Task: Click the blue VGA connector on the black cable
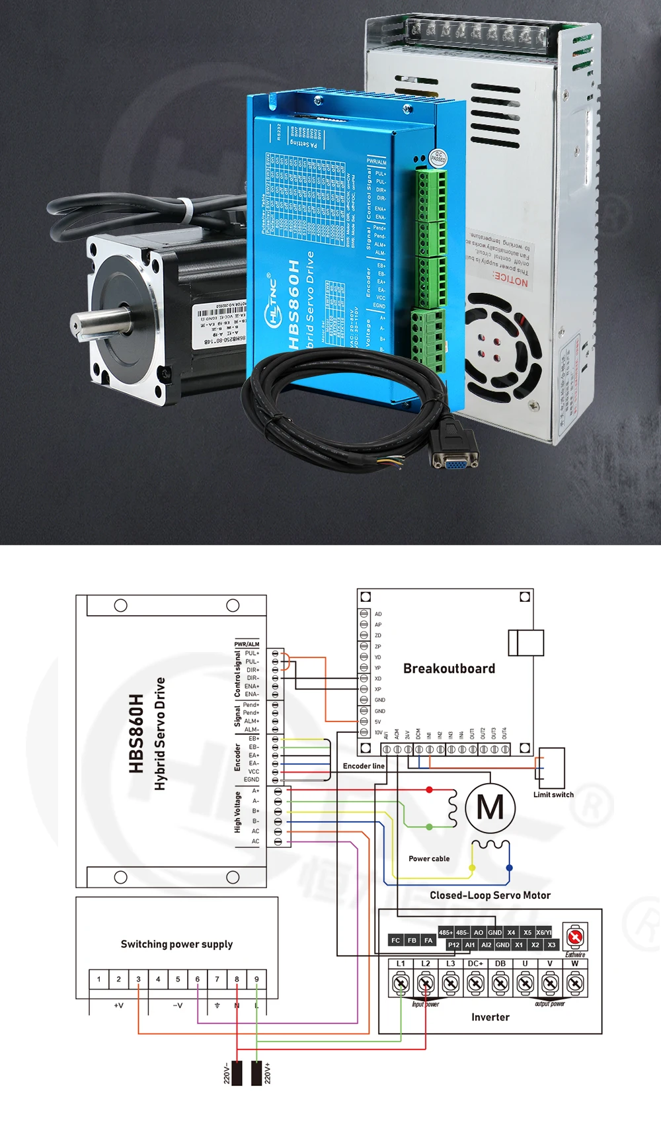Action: (x=455, y=463)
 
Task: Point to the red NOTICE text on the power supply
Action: (x=510, y=279)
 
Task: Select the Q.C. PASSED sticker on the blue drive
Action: (x=438, y=157)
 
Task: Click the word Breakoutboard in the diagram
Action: (x=449, y=669)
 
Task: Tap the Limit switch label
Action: (x=553, y=794)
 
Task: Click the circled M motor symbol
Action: (x=490, y=807)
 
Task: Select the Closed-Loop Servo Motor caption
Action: (x=490, y=895)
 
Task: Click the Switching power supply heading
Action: (x=176, y=944)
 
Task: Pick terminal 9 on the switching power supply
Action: (x=256, y=979)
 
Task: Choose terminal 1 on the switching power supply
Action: (x=99, y=979)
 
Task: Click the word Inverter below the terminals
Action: (x=490, y=1017)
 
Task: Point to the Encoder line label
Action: (x=364, y=766)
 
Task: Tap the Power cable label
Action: (x=429, y=858)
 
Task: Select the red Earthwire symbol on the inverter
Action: (x=575, y=937)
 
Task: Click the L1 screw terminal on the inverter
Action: (x=401, y=983)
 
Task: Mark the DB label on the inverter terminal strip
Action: (x=500, y=964)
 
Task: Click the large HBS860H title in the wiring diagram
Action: (x=136, y=733)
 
